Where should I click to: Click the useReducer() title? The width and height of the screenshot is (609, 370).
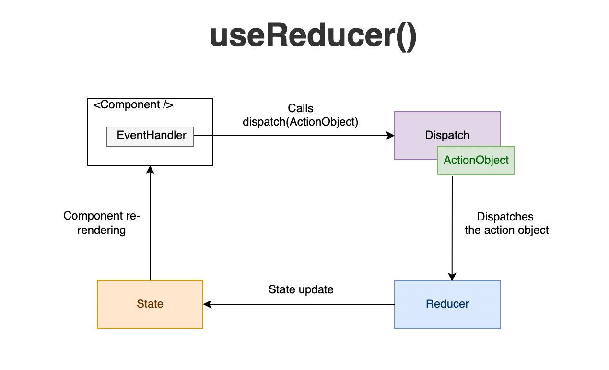point(313,36)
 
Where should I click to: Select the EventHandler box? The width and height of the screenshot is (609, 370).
point(150,136)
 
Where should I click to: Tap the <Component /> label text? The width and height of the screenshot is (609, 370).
point(133,105)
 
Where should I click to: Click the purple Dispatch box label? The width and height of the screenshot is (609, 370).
point(447,135)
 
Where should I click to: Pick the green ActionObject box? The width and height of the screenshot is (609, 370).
point(476,161)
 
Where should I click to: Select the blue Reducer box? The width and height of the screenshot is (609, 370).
point(447,304)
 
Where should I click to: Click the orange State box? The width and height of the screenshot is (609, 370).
point(150,304)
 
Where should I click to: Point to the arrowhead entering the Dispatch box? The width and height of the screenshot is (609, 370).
point(390,136)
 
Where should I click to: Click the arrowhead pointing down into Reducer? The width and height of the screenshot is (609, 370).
point(452,277)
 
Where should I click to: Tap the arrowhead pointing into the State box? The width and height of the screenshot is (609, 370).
point(207,304)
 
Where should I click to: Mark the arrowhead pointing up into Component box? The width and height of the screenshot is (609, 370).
point(150,170)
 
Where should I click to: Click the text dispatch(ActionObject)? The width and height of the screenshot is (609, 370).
point(300,122)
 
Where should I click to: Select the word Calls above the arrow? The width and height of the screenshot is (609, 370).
point(300,108)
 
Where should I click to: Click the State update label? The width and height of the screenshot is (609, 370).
point(301,289)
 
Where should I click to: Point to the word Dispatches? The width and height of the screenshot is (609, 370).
point(505,217)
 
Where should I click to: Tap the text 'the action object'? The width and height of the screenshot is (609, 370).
point(506,230)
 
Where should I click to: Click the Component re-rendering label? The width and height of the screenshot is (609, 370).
point(101,223)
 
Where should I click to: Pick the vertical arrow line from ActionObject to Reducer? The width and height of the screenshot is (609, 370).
point(452,225)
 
